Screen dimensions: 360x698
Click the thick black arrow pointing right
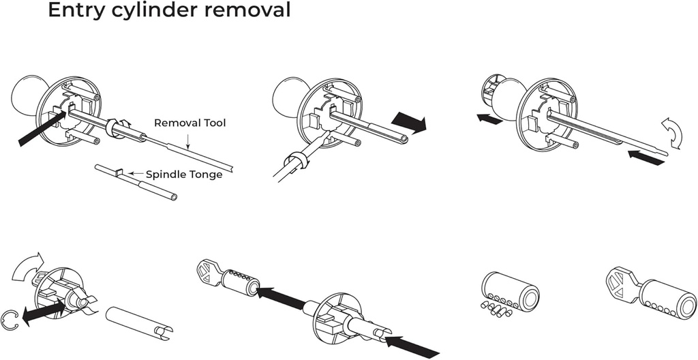[409, 123]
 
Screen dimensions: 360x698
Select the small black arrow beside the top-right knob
[490, 119]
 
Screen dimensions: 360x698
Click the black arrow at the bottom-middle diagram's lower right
[413, 343]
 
